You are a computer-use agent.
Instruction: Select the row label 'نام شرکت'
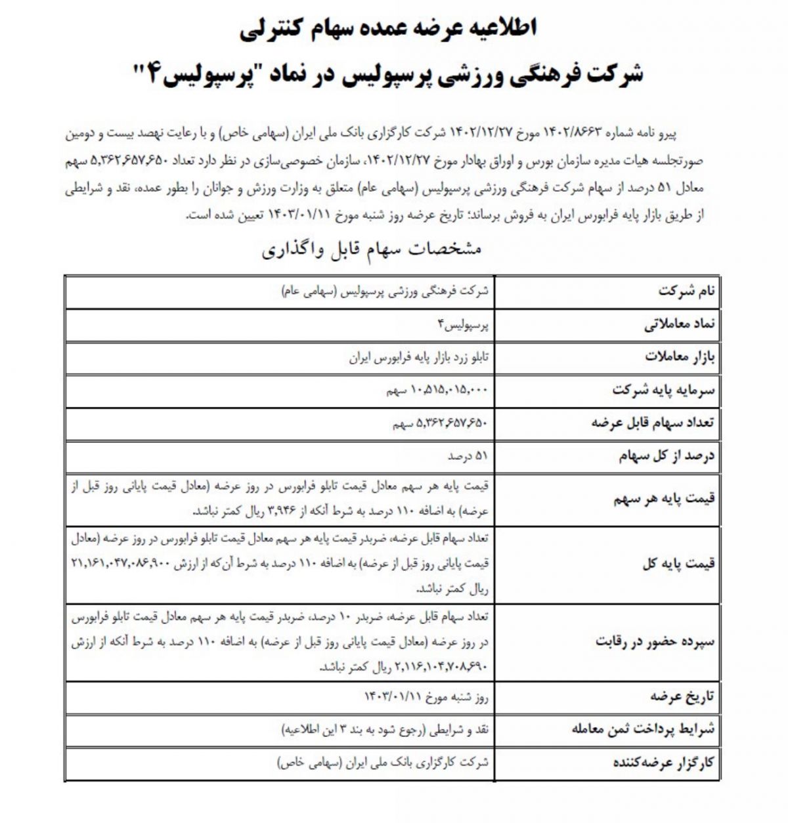(687, 292)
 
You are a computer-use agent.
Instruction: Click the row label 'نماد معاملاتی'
(679, 325)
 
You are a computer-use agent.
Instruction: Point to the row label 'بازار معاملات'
(680, 358)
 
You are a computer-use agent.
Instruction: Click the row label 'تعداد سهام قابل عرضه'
(653, 423)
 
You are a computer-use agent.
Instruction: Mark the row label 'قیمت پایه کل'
(679, 563)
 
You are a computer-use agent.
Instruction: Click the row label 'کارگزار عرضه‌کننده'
(663, 763)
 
